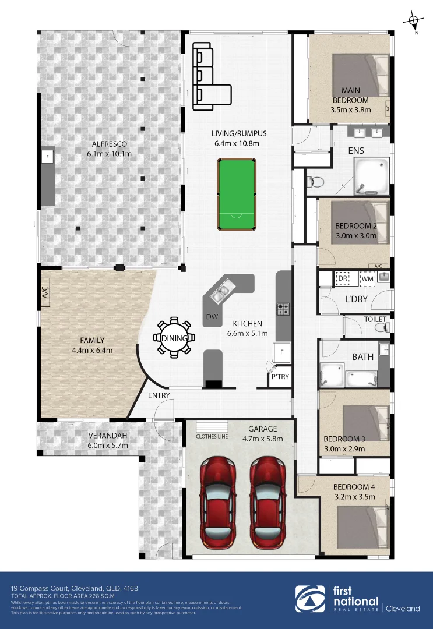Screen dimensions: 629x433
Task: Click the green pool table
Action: click(x=237, y=195)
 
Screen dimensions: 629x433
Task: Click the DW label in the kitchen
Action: click(x=212, y=317)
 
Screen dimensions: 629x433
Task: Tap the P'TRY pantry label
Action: click(x=280, y=377)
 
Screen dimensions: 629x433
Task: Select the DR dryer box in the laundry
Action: click(x=343, y=279)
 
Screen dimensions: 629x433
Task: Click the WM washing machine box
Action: click(x=367, y=279)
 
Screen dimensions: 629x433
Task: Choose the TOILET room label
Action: click(x=375, y=319)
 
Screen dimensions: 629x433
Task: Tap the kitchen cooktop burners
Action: click(x=283, y=309)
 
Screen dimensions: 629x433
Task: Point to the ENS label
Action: click(x=356, y=151)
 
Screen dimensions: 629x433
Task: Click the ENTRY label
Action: click(x=159, y=395)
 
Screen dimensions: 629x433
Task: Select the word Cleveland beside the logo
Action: click(x=404, y=609)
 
